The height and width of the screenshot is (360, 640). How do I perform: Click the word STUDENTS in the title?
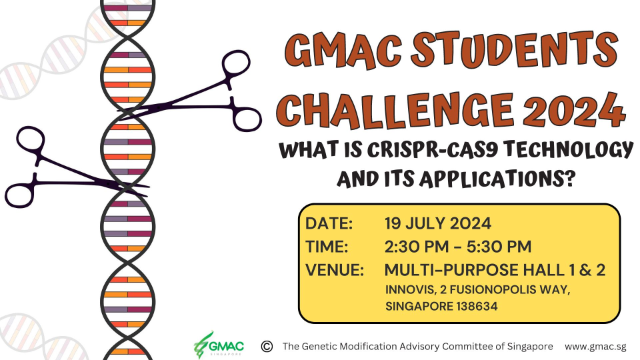click(514, 50)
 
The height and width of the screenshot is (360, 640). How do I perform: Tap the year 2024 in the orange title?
click(574, 110)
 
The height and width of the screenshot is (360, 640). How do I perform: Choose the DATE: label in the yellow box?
click(329, 223)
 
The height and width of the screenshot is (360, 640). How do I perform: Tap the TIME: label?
click(327, 247)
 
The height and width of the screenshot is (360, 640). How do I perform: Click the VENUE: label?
click(334, 270)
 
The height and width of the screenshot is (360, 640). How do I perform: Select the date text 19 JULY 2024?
click(438, 223)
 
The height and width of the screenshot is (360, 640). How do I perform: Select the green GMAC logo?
click(219, 345)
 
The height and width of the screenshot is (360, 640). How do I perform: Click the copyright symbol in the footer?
click(267, 347)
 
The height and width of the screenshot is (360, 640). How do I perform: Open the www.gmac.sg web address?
click(595, 347)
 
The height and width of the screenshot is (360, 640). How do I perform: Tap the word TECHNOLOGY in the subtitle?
click(568, 150)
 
